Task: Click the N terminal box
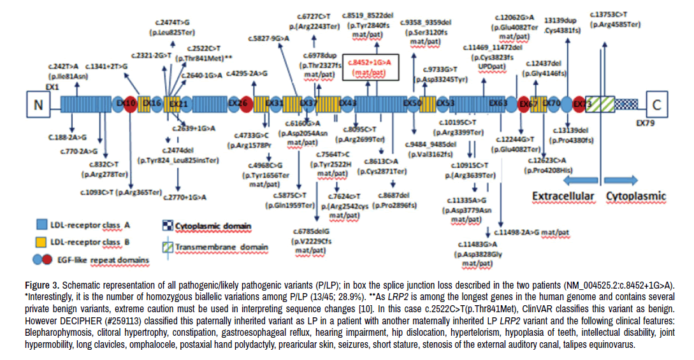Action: click(x=38, y=103)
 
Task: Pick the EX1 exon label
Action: click(x=52, y=85)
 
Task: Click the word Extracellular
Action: click(x=563, y=196)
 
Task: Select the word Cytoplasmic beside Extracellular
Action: click(x=635, y=196)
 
